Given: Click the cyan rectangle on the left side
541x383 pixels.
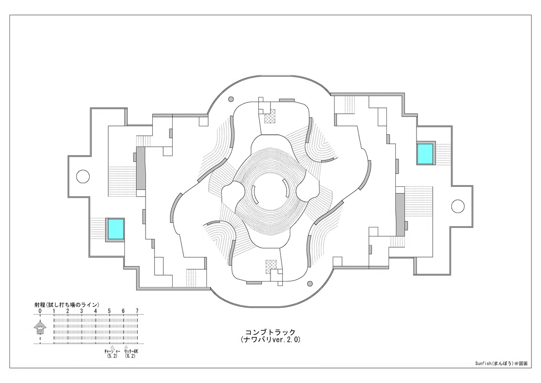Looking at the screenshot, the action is [x=116, y=229].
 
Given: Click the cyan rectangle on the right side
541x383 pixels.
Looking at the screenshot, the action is [x=425, y=154].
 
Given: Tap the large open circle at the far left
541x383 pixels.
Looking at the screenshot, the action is [x=83, y=176].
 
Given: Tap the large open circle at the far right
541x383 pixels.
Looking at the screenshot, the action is [x=458, y=206].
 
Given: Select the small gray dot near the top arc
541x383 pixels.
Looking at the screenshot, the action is [x=231, y=99].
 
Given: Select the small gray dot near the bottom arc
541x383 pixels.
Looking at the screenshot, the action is [x=310, y=283].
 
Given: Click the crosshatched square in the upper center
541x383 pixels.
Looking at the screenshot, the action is [x=270, y=116].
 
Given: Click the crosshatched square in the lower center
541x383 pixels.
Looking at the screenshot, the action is [x=271, y=267].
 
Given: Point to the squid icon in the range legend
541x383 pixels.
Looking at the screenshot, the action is [x=40, y=327].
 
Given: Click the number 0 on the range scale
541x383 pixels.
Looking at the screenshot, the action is [x=40, y=311].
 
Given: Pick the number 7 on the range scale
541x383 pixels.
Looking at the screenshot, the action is [x=137, y=311].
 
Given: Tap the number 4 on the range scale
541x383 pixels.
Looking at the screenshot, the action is [x=96, y=311].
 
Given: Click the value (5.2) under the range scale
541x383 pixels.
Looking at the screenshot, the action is [x=112, y=356].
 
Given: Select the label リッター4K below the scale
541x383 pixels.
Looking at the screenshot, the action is [x=131, y=351].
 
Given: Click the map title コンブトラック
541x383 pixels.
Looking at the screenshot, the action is [x=270, y=332].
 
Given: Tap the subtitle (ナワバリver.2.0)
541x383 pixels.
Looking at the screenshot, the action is [x=270, y=340].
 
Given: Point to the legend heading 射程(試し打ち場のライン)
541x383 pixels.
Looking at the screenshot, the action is [x=67, y=305].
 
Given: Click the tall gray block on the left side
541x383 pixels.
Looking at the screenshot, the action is [x=141, y=169].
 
